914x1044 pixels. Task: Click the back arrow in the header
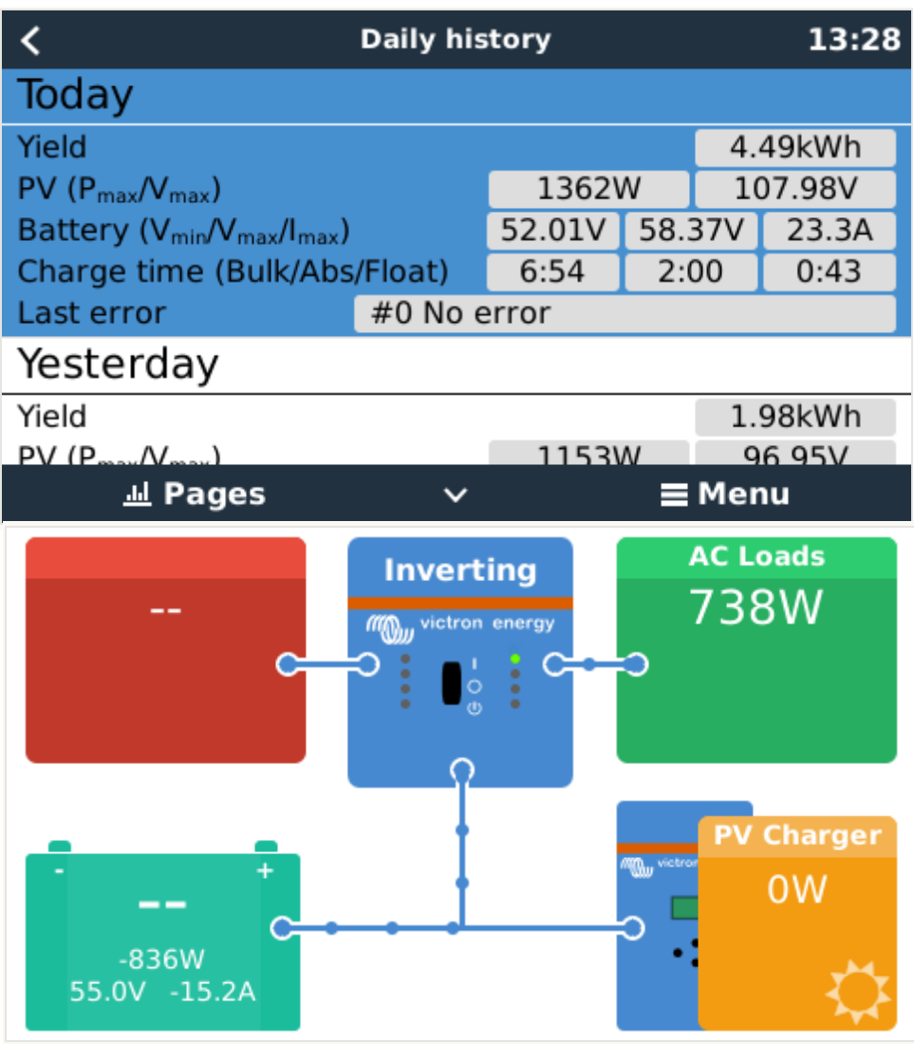coord(31,40)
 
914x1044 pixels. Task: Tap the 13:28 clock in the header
coord(853,40)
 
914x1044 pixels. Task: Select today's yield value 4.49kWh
coord(794,148)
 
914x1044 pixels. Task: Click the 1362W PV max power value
coord(588,190)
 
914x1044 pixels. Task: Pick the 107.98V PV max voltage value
coord(794,190)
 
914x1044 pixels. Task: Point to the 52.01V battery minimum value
coord(552,231)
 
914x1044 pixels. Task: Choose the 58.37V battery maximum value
coord(691,231)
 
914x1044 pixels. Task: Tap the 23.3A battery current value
coord(829,231)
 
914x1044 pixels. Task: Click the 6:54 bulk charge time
coord(552,272)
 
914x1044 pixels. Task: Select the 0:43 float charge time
coord(829,272)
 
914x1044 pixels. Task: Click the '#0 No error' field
coord(624,313)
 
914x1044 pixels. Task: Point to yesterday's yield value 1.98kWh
coord(794,418)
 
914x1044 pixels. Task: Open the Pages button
coord(195,494)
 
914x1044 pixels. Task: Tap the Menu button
coord(726,494)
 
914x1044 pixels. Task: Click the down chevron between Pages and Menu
coord(457,495)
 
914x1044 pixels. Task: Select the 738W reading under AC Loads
coord(755,608)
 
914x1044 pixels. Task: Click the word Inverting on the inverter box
coord(460,570)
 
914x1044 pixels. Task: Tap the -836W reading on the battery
coord(162,960)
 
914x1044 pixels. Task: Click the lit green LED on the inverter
coord(515,658)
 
